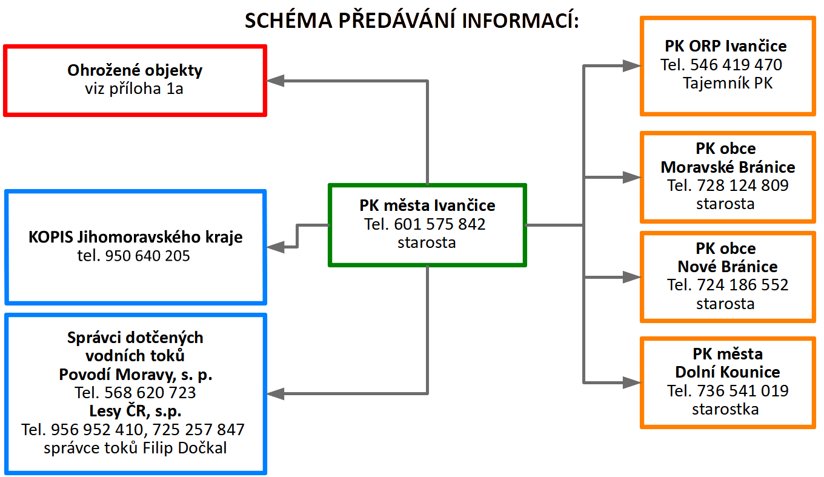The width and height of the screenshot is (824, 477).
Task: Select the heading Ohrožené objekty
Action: pos(135,70)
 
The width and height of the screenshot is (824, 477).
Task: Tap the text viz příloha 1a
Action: pos(134,88)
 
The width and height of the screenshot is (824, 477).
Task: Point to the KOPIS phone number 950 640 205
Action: pos(147,256)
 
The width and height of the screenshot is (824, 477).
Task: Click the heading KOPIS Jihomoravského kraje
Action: pos(135,237)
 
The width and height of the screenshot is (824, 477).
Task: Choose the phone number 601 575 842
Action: pos(440,224)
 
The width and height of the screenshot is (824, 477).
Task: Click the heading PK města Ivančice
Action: pos(427,205)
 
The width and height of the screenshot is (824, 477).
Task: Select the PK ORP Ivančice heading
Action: pos(725,46)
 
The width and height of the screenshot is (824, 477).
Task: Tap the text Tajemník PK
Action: pos(728,83)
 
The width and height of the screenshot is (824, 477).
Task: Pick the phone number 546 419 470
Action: pos(736,65)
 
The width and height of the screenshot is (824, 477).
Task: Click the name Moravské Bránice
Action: pos(728,167)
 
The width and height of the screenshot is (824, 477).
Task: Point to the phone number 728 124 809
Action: pos(743,185)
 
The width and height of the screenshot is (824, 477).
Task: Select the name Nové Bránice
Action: pos(728,267)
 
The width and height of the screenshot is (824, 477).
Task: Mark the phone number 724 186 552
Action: pos(743,285)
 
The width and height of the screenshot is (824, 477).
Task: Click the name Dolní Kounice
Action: pos(728,372)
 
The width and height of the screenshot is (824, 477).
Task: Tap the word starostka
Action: pos(725,409)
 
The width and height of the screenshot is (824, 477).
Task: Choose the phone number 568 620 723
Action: pos(150,393)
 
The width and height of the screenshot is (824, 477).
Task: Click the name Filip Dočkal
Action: pos(185,448)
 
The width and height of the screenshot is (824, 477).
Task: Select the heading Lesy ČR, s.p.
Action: pos(135,411)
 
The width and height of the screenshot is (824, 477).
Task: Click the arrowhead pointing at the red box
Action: pos(275,81)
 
